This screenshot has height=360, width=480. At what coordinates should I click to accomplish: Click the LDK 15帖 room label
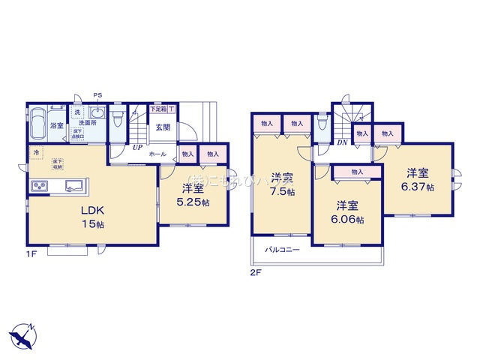(x=91, y=216)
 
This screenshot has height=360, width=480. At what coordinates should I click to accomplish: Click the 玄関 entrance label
(x=163, y=127)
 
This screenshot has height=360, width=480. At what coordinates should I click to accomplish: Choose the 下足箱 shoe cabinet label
(x=158, y=109)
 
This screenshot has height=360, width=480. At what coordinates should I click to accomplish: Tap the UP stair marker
(x=137, y=148)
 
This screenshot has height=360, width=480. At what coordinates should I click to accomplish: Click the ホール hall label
(x=157, y=154)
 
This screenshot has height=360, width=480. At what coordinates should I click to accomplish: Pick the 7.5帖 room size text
(x=283, y=192)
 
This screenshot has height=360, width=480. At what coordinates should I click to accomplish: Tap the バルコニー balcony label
(x=282, y=250)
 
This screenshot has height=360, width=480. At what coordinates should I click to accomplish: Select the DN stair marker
(x=341, y=142)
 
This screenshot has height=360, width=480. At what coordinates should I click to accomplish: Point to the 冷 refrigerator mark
(x=35, y=153)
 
